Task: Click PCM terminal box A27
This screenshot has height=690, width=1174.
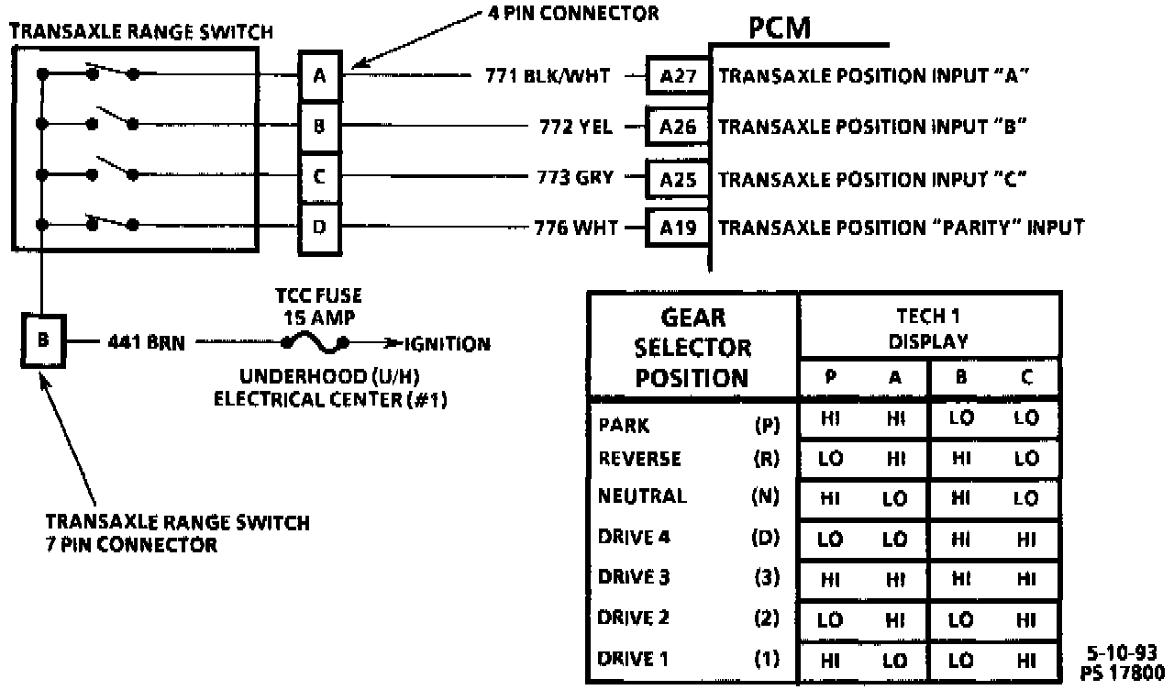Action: pyautogui.click(x=678, y=76)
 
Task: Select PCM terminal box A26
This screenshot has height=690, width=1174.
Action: pyautogui.click(x=678, y=127)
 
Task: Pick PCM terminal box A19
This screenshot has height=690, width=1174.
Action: pyautogui.click(x=678, y=227)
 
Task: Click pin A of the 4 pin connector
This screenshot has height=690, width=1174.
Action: pyautogui.click(x=319, y=76)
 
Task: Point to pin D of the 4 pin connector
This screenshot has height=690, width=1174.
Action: pyautogui.click(x=319, y=227)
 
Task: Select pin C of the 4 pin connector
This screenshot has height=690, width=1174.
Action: pyautogui.click(x=319, y=177)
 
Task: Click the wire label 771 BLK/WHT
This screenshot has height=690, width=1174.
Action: pyautogui.click(x=547, y=76)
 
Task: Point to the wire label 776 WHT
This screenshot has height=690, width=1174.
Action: pyautogui.click(x=576, y=227)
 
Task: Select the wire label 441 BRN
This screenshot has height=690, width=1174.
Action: pyautogui.click(x=145, y=344)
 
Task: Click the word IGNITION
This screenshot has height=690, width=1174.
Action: pyautogui.click(x=449, y=345)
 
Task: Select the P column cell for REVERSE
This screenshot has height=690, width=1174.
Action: pyautogui.click(x=830, y=459)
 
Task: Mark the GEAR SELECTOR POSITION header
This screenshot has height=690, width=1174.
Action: pyautogui.click(x=692, y=348)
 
